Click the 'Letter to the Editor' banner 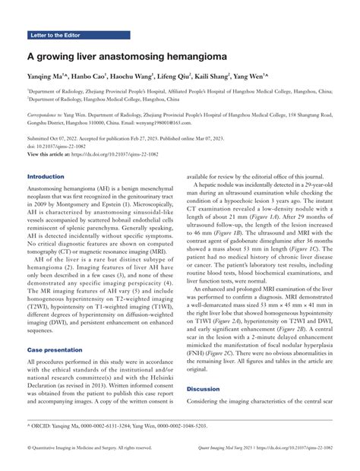[x=60, y=35]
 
